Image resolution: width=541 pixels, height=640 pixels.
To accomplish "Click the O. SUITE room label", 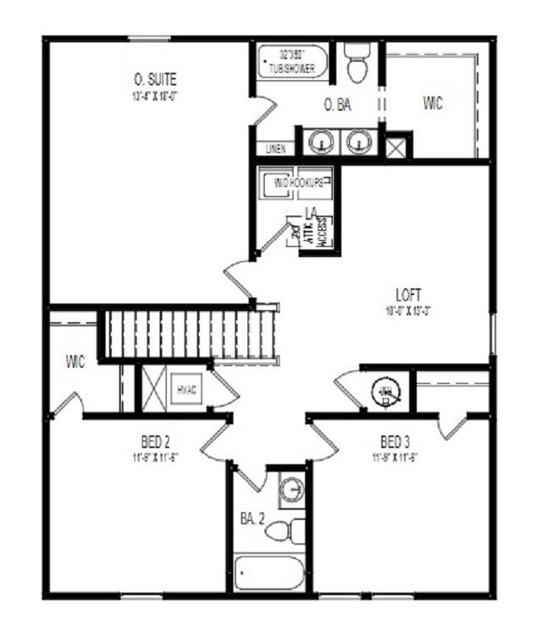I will click(156, 79).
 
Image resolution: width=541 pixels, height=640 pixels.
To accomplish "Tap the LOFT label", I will click(407, 295).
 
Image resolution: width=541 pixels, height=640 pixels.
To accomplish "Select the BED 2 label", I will click(156, 442).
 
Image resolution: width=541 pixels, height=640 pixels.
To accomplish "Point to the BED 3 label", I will click(395, 442).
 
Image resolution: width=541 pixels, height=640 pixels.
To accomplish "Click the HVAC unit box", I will click(186, 390).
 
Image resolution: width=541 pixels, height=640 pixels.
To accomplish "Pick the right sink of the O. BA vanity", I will click(359, 141).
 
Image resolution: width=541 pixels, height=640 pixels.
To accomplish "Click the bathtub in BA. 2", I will click(269, 575).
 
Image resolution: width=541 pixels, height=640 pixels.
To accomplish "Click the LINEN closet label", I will click(276, 150).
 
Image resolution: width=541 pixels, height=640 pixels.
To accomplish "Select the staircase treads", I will click(190, 334).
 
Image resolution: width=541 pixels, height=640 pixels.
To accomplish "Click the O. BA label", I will click(337, 106).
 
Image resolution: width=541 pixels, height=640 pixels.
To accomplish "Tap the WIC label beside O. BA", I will click(433, 104).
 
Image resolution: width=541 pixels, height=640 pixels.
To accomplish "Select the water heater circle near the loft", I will click(385, 391).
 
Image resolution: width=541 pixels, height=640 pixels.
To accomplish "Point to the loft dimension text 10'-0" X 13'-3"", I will click(407, 309).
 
